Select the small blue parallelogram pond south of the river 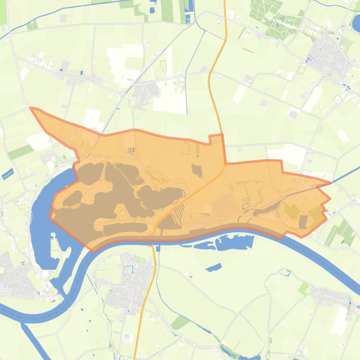pos(214,267)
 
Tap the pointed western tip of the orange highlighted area pos(31,108)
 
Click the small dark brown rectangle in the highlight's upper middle pos(197,170)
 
